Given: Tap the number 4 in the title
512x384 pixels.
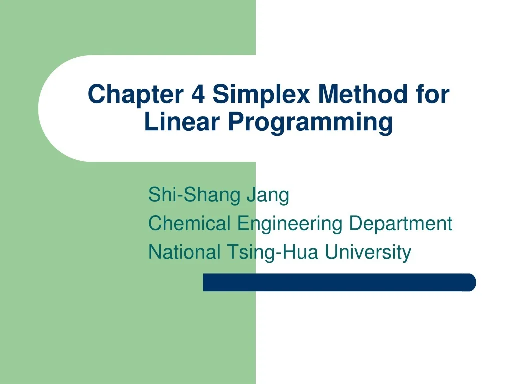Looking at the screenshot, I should pyautogui.click(x=197, y=94).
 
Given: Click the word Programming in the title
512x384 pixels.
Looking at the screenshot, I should pyautogui.click(x=310, y=122).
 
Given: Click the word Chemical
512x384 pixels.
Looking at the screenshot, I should pyautogui.click(x=190, y=223).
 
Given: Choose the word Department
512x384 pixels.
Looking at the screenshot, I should pyautogui.click(x=400, y=223).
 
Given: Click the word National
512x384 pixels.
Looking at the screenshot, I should pyautogui.click(x=184, y=252).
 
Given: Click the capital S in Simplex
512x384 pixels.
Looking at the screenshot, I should pyautogui.click(x=220, y=94).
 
